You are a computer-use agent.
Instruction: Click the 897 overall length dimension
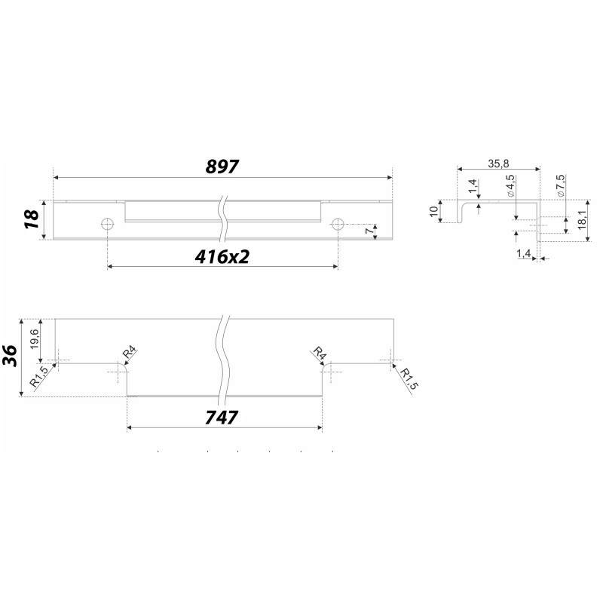coord(222,167)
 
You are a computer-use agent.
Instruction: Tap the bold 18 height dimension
coord(32,219)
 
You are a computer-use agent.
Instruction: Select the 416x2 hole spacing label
coord(222,256)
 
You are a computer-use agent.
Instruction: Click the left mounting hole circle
coord(107,223)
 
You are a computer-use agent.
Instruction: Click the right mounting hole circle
coord(338,223)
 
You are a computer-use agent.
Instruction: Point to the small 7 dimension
coord(369,231)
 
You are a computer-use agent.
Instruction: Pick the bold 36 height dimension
coord(11,356)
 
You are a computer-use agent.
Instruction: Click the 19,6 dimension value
coord(34,338)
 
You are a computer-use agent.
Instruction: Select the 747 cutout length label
coord(222,418)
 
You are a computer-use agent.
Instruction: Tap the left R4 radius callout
coord(130,353)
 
